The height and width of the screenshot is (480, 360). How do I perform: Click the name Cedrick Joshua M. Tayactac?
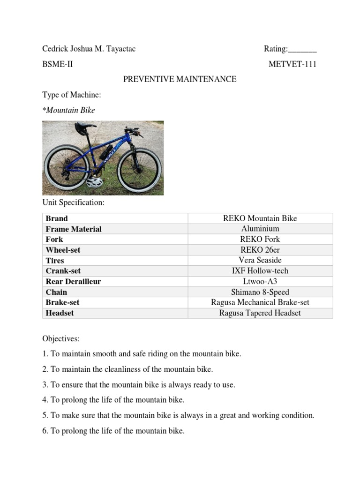pos(89,49)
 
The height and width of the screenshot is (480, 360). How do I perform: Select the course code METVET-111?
pos(292,64)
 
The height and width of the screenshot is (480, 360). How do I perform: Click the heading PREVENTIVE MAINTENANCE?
pos(180,79)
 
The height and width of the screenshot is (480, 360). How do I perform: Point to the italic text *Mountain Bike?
pos(68,110)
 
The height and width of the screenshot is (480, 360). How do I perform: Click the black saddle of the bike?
pos(84,127)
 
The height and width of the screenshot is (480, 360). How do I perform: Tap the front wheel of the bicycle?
pos(139,169)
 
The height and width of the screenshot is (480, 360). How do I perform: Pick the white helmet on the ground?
pos(94,182)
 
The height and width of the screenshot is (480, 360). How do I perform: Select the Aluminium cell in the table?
pos(260,229)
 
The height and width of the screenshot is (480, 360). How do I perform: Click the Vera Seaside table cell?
pos(260,260)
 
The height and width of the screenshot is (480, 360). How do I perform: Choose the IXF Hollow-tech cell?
pos(260,271)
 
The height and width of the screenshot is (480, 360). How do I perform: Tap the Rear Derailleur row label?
pos(73,282)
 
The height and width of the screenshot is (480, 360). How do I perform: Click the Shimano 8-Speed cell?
pos(260,292)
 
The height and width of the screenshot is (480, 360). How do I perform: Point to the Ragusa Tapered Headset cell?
pos(260,313)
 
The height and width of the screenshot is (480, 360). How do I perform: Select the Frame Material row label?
pos(74,229)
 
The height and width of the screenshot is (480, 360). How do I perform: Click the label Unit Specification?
pos(74,202)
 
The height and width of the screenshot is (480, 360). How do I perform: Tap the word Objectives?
pos(61,338)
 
